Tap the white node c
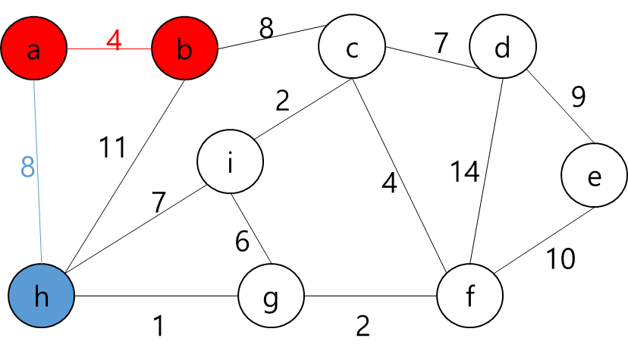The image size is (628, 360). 352,47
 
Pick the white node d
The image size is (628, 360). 502,47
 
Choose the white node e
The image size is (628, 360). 594,175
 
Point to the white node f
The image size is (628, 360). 469,296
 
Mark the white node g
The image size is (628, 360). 271,296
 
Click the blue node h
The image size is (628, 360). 42,296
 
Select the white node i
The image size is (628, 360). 230,161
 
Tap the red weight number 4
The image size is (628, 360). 113,41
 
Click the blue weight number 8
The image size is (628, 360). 28,167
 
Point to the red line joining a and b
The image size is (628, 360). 91,49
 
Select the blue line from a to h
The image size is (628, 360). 39,212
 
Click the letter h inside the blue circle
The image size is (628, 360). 42,296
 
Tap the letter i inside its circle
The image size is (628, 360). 230,161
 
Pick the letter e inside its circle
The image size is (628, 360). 594,177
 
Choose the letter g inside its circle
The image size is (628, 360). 271,298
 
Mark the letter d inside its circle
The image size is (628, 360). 502,48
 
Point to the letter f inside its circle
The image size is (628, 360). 469,296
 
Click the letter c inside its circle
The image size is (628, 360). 352,49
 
